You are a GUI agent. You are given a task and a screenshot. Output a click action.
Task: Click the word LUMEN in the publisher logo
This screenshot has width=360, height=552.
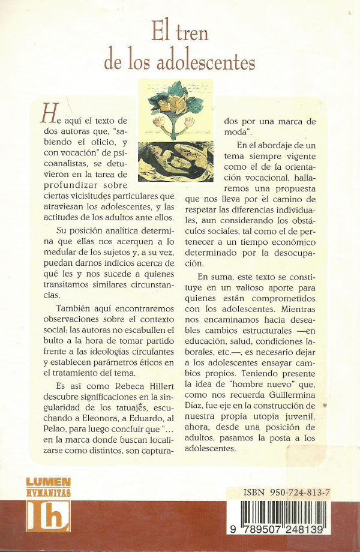(49, 482)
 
